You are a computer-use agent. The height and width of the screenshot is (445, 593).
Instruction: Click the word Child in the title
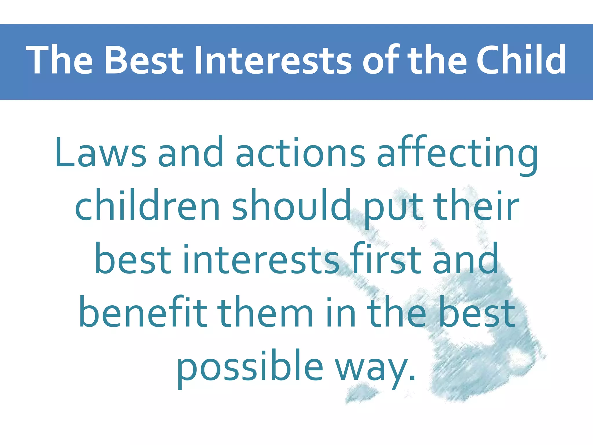pos(521,60)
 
